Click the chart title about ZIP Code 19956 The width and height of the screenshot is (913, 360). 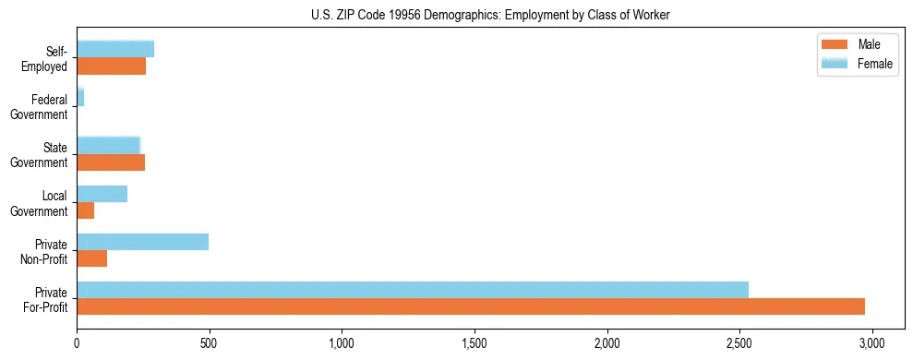pyautogui.click(x=490, y=14)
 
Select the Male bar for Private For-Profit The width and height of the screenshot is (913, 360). pyautogui.click(x=471, y=306)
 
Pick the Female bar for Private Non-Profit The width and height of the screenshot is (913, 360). pyautogui.click(x=143, y=242)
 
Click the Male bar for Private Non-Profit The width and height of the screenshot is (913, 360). pyautogui.click(x=92, y=258)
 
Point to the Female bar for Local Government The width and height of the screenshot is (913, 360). pyautogui.click(x=102, y=194)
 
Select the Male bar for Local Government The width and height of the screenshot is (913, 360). pyautogui.click(x=86, y=210)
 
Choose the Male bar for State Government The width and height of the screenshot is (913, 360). pyautogui.click(x=111, y=162)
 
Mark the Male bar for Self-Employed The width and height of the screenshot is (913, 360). pyautogui.click(x=112, y=66)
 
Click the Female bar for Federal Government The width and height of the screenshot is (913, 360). pyautogui.click(x=80, y=97)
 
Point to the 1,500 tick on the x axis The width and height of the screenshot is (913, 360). pyautogui.click(x=475, y=342)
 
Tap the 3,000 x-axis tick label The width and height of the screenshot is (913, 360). pyautogui.click(x=872, y=342)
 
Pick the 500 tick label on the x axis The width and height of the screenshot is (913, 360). pyautogui.click(x=210, y=342)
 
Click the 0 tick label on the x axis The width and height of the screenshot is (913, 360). pyautogui.click(x=77, y=342)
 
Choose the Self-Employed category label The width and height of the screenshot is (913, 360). pyautogui.click(x=47, y=58)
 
